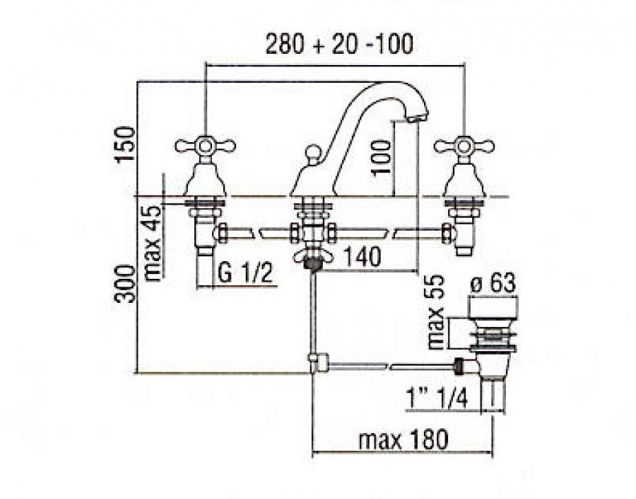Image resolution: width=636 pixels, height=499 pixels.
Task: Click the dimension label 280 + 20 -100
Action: tap(339, 44)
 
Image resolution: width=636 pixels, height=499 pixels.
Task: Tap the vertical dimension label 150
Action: tap(125, 144)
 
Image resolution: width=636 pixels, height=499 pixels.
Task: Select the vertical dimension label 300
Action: tap(125, 284)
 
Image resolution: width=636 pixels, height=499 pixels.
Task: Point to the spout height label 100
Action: tap(381, 157)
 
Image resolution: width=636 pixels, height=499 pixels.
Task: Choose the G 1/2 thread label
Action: tap(245, 273)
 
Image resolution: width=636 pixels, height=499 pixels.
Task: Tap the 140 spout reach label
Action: tap(363, 256)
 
